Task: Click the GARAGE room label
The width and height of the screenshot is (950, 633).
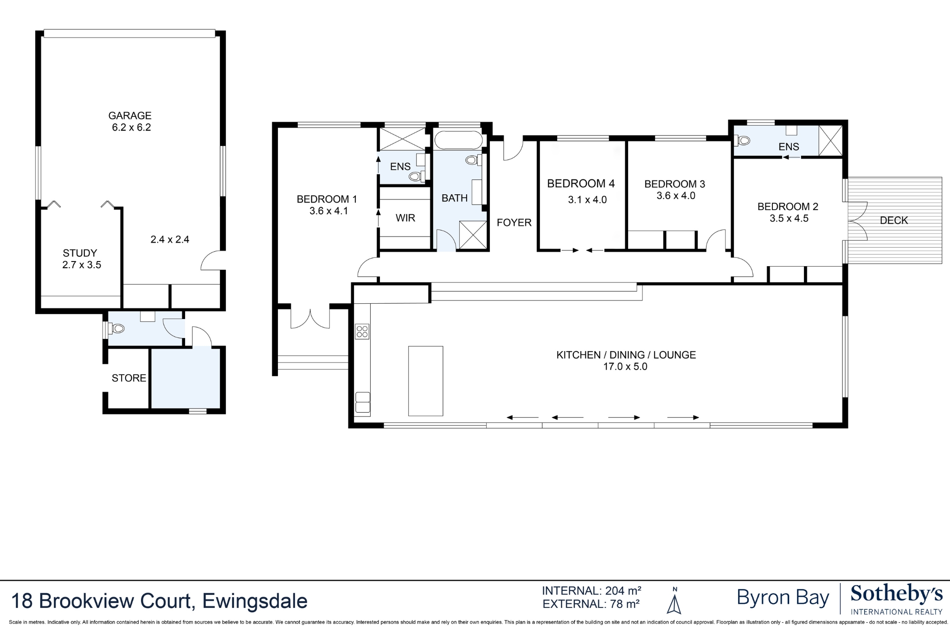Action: (x=130, y=115)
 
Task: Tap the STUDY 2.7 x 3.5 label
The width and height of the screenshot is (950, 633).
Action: (x=81, y=259)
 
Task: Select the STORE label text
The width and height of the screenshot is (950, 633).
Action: (x=128, y=378)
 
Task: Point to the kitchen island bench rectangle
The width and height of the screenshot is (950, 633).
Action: (x=425, y=381)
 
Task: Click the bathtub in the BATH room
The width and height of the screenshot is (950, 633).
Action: (x=458, y=140)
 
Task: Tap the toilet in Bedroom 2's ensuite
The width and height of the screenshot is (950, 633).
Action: (x=743, y=140)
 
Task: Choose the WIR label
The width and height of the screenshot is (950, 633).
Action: (x=405, y=218)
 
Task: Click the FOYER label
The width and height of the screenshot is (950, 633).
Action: (x=514, y=223)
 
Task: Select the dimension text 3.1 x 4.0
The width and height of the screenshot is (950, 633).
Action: (x=587, y=200)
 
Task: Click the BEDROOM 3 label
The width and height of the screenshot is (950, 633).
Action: (x=674, y=184)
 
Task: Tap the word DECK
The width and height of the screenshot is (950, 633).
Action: (x=893, y=221)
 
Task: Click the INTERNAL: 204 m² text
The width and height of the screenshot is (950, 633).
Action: (x=591, y=591)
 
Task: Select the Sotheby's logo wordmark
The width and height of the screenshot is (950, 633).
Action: (x=896, y=594)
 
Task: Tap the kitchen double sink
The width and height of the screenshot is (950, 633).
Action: (x=362, y=403)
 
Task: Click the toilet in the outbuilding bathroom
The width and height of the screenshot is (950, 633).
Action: (x=117, y=329)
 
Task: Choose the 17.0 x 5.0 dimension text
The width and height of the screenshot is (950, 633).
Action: (x=625, y=367)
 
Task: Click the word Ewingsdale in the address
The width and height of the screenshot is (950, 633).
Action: (x=255, y=601)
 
